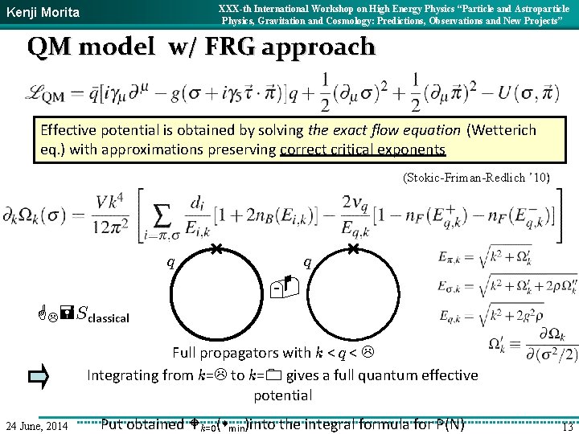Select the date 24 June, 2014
[x=37, y=424]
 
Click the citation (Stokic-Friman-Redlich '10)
[x=475, y=178]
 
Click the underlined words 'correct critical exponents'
[x=363, y=149]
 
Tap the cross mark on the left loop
[x=217, y=251]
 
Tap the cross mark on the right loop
[x=354, y=251]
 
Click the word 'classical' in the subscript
[x=108, y=318]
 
